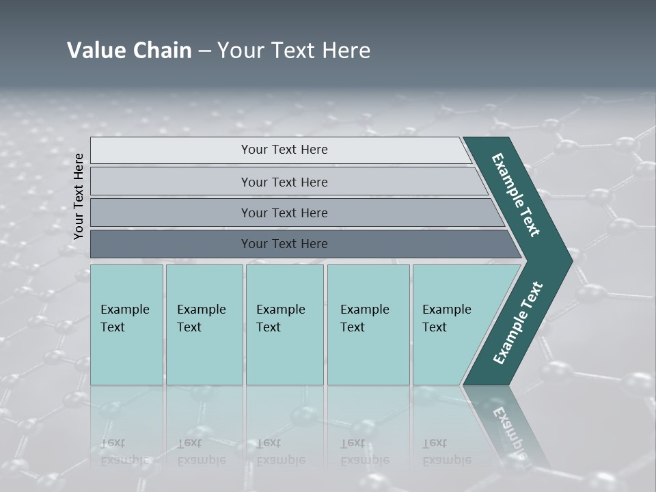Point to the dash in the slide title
[204, 51]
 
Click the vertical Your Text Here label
[79, 196]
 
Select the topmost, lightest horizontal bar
[284, 150]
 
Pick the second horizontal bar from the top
[284, 182]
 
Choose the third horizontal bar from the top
[284, 213]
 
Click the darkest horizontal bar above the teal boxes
[284, 244]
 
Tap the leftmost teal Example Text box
[126, 325]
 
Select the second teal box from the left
[204, 325]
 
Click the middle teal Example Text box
[284, 325]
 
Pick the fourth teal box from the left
[368, 325]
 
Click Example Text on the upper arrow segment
[516, 195]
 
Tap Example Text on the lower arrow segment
[518, 323]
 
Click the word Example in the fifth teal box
[447, 310]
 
